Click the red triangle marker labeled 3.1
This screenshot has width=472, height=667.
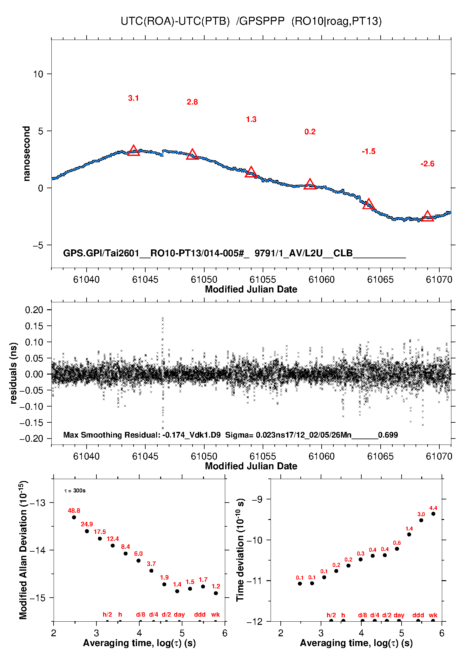[134, 151]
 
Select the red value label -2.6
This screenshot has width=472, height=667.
[427, 164]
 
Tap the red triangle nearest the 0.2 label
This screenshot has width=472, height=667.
[310, 184]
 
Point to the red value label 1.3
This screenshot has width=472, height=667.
[251, 119]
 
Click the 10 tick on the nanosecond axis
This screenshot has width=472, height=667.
[38, 74]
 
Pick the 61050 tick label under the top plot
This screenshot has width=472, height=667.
[204, 279]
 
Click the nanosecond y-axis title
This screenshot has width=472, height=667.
[26, 153]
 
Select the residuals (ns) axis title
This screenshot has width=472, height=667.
[13, 373]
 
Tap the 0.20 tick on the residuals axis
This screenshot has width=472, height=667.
[34, 310]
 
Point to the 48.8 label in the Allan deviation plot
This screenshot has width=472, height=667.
[74, 510]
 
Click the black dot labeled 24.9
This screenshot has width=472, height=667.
[87, 531]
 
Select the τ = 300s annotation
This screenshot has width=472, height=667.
[75, 491]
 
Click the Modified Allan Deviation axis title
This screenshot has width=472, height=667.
[23, 550]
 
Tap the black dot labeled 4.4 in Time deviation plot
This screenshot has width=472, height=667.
[433, 514]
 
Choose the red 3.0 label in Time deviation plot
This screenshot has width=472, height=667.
[421, 514]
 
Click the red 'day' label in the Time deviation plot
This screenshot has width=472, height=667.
[399, 615]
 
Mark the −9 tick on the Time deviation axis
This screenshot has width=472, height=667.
[257, 499]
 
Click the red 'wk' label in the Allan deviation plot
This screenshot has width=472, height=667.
[215, 614]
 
